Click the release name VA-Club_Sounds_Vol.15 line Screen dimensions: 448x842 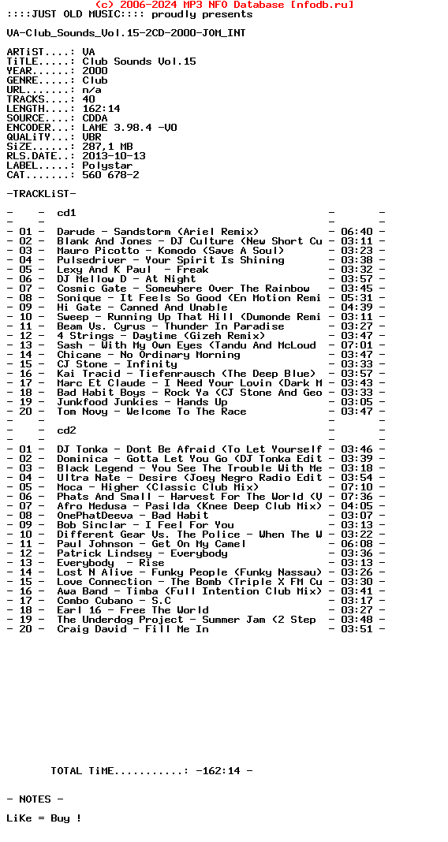pos(126,33)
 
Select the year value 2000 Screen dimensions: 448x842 pos(95,71)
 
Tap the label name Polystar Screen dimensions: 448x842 pos(107,166)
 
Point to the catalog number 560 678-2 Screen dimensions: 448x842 pos(110,175)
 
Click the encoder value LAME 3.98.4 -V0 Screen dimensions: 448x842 pos(129,128)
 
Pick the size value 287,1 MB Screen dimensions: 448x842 pos(107,147)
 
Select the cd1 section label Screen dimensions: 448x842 pos(66,213)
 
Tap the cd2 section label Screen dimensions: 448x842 pos(66,430)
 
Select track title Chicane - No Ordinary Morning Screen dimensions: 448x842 pos(148,355)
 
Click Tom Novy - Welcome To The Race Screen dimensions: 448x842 pos(151,412)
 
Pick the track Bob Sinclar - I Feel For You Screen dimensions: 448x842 pos(145,525)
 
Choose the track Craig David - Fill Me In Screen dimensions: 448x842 pos(133,629)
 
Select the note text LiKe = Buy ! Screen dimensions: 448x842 pos(44,818)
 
